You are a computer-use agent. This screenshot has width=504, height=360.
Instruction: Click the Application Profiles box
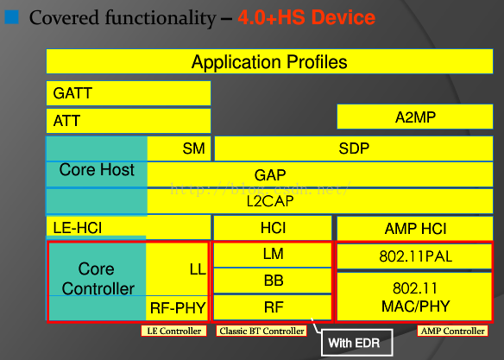(x=269, y=61)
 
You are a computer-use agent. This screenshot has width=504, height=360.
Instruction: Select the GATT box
(x=129, y=93)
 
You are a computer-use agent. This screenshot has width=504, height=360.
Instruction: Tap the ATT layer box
(x=129, y=121)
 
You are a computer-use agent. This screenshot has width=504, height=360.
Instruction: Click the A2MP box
(x=414, y=117)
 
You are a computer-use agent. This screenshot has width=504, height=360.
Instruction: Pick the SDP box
(x=354, y=148)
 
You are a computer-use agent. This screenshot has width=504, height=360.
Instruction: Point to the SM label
(x=193, y=148)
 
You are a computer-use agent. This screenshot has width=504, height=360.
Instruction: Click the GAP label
(x=270, y=175)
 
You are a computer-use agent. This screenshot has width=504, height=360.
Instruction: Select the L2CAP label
(x=270, y=201)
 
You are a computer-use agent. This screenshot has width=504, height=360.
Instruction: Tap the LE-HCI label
(x=78, y=228)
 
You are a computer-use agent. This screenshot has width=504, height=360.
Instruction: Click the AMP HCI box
(x=414, y=228)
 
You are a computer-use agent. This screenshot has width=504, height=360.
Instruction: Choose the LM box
(x=273, y=255)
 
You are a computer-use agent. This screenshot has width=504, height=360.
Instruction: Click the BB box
(x=273, y=281)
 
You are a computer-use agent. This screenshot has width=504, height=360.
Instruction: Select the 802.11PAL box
(x=414, y=256)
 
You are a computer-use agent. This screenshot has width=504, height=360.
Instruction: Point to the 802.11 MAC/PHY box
(x=414, y=296)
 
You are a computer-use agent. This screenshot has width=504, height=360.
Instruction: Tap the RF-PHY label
(x=178, y=308)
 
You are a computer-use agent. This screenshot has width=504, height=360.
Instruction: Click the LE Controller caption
(x=173, y=331)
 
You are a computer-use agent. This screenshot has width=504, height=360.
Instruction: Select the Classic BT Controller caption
(x=261, y=331)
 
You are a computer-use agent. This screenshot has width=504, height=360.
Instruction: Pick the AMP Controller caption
(x=452, y=331)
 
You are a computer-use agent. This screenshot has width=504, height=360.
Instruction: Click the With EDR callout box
(x=356, y=343)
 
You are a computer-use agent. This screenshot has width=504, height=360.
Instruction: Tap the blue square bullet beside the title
(x=11, y=17)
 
